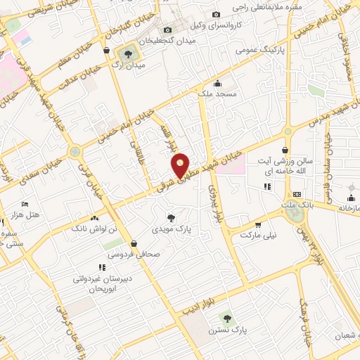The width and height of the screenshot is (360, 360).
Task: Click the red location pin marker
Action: point(181,165)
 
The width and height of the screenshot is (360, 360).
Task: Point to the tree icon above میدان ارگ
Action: point(128,53)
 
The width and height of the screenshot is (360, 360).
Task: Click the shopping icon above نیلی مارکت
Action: point(258,225)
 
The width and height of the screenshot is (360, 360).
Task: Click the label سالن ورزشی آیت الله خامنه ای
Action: point(284,167)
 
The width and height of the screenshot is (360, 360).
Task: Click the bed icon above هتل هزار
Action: point(26,204)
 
